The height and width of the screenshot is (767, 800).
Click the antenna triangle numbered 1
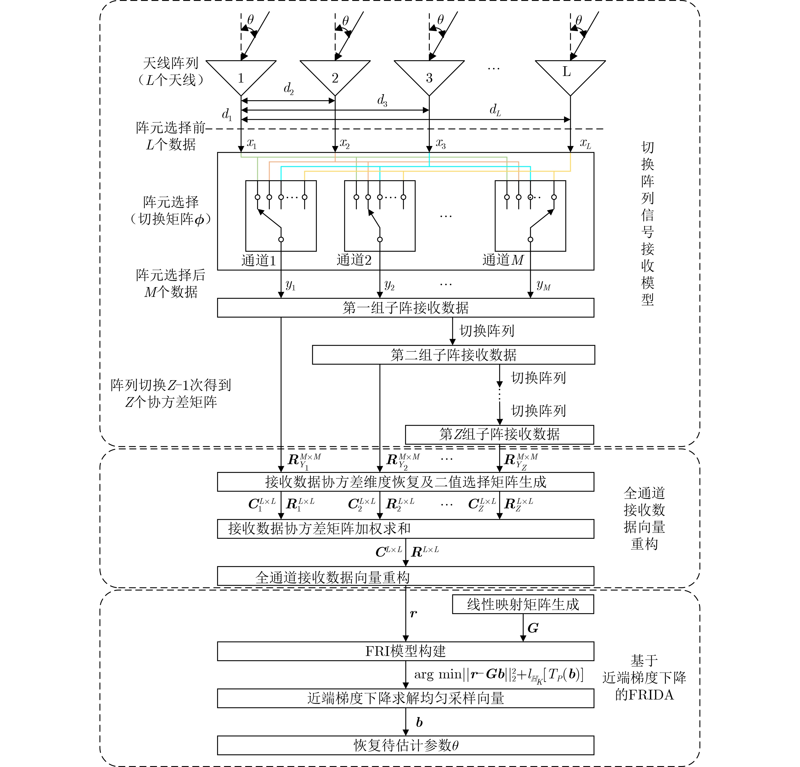[241, 76]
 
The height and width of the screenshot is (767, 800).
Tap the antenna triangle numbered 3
[429, 76]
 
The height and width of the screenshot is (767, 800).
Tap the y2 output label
[389, 285]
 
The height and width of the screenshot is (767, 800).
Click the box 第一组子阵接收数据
[405, 308]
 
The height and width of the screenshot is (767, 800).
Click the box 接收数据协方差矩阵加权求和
[405, 529]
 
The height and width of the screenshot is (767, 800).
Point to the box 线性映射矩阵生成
[523, 604]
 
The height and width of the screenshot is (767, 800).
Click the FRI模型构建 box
[405, 651]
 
